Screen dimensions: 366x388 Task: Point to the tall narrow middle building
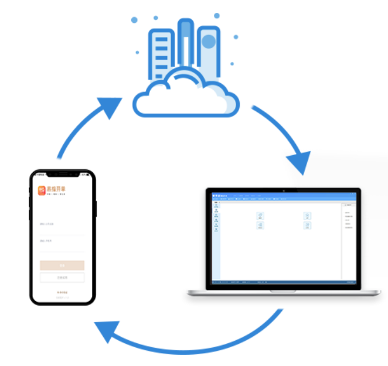point(186,44)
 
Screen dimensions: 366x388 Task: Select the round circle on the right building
point(207,42)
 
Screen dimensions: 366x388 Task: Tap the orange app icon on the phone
point(42,190)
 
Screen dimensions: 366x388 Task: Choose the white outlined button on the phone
point(62,278)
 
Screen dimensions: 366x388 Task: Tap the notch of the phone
point(63,175)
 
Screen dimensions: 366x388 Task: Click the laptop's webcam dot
point(283,191)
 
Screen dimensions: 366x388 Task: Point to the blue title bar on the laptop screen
point(284,196)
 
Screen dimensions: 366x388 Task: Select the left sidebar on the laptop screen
point(216,240)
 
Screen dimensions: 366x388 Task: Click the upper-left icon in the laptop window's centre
point(260,216)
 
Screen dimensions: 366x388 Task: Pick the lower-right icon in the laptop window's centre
point(307,225)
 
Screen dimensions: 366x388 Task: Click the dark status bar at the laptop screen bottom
point(284,282)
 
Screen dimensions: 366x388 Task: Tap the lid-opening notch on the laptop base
point(283,291)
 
